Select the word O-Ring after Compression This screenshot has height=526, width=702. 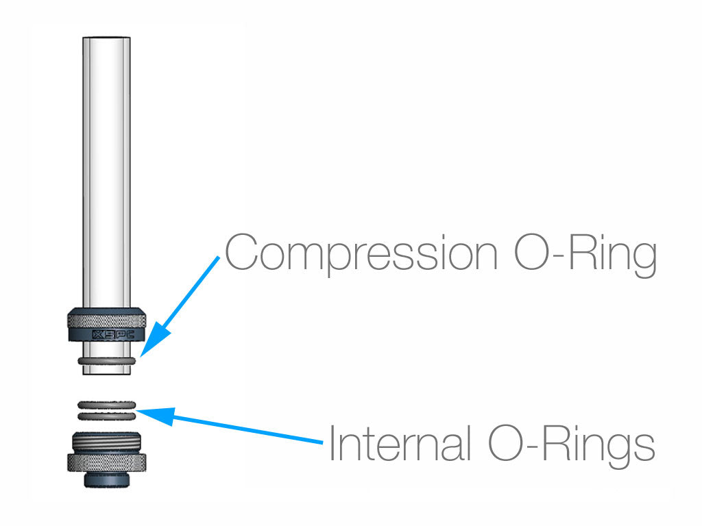[585, 254]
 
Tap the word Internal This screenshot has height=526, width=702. [400, 443]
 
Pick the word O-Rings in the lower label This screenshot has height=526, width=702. [572, 445]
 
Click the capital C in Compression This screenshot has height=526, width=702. [241, 252]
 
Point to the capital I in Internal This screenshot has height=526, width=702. [332, 442]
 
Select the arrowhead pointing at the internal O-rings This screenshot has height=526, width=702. [154, 414]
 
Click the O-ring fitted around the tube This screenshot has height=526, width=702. [106, 360]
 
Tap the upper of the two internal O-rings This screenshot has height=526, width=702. [106, 405]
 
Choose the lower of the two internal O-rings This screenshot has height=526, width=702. [106, 417]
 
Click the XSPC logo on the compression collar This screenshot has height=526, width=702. [113, 334]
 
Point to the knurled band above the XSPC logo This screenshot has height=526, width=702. [106, 322]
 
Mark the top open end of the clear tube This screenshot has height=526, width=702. [106, 38]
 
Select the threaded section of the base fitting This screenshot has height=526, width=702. [106, 443]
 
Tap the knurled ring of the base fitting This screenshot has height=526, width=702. [106, 462]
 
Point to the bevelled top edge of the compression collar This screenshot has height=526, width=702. [106, 311]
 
